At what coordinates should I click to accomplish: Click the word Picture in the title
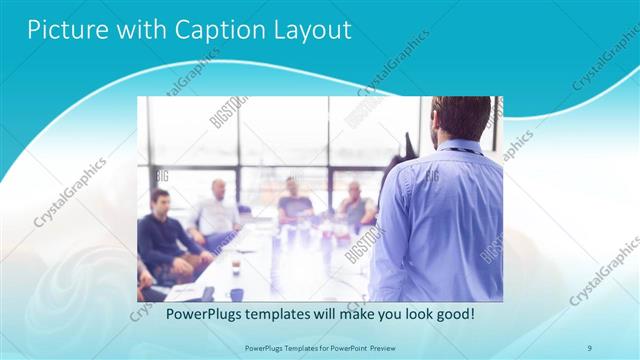click(62, 30)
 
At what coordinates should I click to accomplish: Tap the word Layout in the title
click(310, 30)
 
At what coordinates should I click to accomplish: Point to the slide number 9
click(590, 348)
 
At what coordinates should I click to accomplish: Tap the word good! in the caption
click(452, 313)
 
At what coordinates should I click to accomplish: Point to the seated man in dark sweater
click(165, 240)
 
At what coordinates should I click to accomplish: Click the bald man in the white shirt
click(217, 215)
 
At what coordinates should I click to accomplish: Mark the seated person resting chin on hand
click(355, 205)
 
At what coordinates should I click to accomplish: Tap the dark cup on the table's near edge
click(236, 293)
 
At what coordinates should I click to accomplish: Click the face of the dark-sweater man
click(160, 204)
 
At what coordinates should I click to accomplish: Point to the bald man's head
click(219, 189)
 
